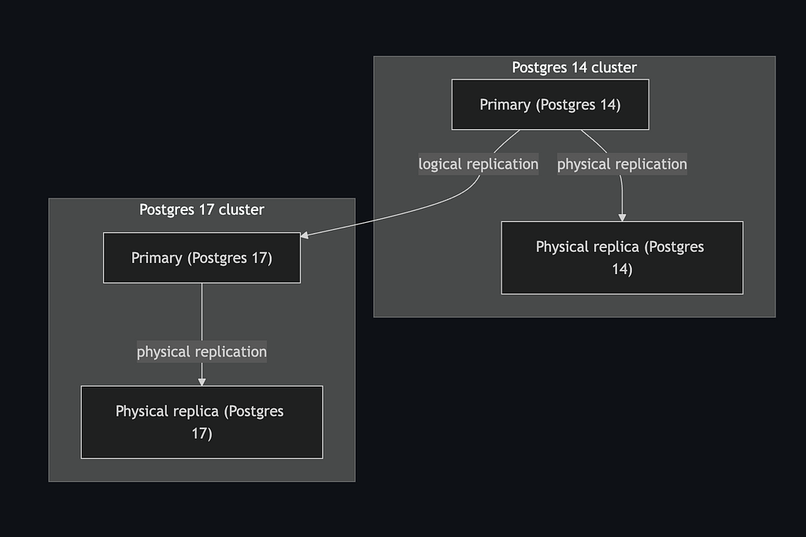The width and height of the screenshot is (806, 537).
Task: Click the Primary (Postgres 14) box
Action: (550, 104)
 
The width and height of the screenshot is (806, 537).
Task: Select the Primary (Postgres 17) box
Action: (201, 257)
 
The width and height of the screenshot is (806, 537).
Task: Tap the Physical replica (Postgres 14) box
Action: (622, 257)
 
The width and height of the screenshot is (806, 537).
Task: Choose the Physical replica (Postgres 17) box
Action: (201, 422)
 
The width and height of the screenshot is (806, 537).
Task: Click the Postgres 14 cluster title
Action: (574, 68)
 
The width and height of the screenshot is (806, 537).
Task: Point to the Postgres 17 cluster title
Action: (201, 209)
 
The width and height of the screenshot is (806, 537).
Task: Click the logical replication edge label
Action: (479, 165)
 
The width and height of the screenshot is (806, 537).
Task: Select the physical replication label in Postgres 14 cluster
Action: (622, 165)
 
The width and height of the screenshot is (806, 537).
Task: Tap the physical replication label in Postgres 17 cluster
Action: (201, 352)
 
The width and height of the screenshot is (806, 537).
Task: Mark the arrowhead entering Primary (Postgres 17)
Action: (305, 235)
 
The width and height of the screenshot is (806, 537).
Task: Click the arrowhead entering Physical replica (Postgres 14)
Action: (622, 217)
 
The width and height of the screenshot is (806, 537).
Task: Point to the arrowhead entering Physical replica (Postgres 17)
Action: (201, 381)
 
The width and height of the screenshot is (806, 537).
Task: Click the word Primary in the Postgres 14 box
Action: (505, 105)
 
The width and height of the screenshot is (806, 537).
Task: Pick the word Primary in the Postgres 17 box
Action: (157, 258)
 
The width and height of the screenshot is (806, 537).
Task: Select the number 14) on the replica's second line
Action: (622, 269)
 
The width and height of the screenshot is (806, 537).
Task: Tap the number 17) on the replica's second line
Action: (201, 433)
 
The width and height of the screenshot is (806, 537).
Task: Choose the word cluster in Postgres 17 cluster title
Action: (242, 209)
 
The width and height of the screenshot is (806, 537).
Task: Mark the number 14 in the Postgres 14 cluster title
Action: (579, 68)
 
